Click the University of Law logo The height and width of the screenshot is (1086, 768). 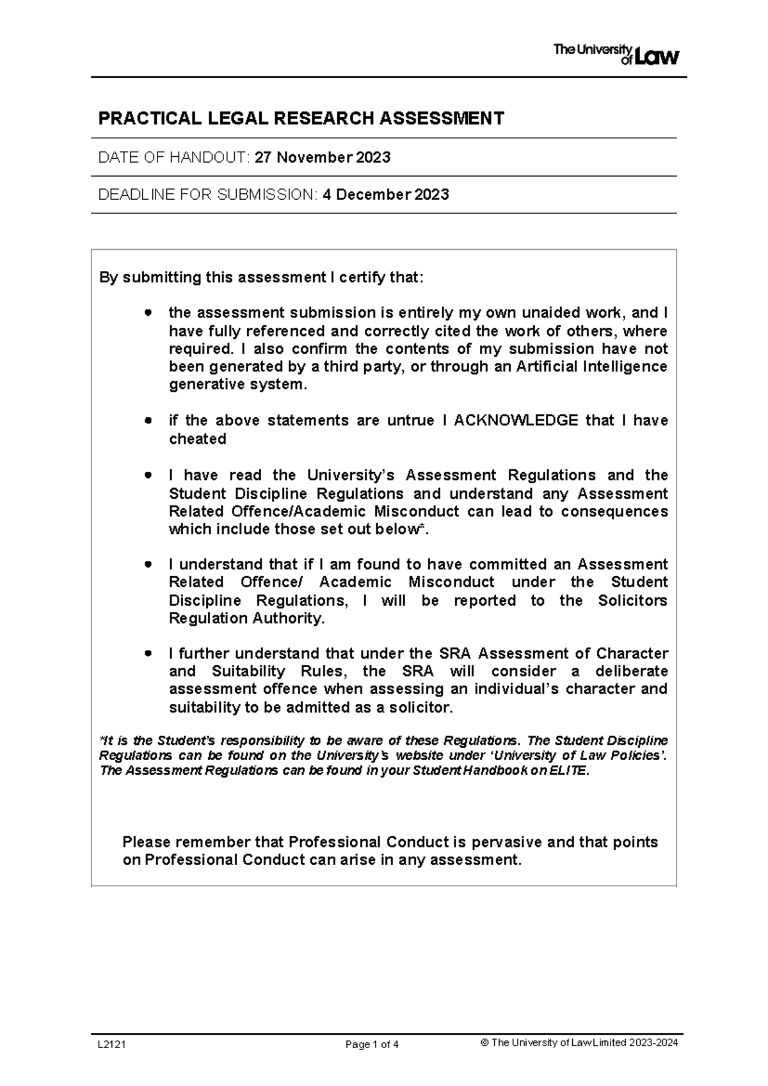(x=615, y=54)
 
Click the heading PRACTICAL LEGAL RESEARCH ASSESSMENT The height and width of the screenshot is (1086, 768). (x=301, y=118)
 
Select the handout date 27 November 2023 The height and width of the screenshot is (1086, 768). (x=323, y=158)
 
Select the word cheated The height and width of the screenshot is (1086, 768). (x=197, y=439)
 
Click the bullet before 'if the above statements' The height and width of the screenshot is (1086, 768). (x=148, y=421)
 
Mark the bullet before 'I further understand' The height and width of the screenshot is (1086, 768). (x=148, y=654)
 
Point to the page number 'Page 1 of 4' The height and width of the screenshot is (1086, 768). (x=372, y=1045)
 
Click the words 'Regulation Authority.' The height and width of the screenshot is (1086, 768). (x=246, y=619)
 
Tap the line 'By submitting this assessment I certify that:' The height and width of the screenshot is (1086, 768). (x=260, y=278)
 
